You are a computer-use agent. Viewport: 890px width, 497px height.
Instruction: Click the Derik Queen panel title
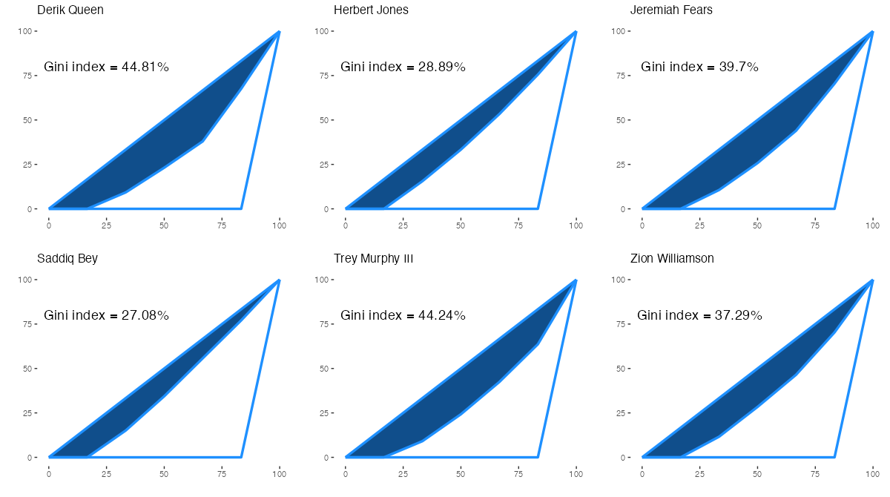click(70, 10)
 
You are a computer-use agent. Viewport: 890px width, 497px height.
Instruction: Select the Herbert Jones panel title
click(371, 10)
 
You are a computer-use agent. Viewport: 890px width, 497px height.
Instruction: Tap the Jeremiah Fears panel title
click(671, 10)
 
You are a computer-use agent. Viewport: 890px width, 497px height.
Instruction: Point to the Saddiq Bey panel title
click(67, 259)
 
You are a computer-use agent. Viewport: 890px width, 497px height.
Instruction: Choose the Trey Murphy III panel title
click(374, 259)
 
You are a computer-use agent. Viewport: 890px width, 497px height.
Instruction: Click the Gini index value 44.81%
click(145, 68)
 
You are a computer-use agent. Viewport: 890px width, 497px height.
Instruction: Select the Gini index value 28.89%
click(441, 68)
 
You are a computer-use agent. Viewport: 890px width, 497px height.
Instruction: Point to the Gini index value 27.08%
click(145, 316)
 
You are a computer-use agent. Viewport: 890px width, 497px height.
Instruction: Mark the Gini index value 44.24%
click(441, 316)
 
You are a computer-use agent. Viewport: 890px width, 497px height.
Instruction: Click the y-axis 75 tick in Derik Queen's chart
click(28, 76)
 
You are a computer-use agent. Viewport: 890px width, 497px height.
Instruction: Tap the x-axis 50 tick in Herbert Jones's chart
click(461, 225)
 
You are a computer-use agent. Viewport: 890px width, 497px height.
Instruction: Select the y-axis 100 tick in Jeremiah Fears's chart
click(620, 31)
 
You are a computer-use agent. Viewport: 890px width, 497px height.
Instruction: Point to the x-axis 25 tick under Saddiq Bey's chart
click(107, 473)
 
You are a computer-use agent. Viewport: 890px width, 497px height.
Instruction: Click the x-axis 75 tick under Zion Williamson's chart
click(815, 473)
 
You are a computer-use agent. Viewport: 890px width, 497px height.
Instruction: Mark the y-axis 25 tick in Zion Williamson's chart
click(622, 413)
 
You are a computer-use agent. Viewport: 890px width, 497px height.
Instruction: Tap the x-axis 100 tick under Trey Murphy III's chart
click(576, 473)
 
